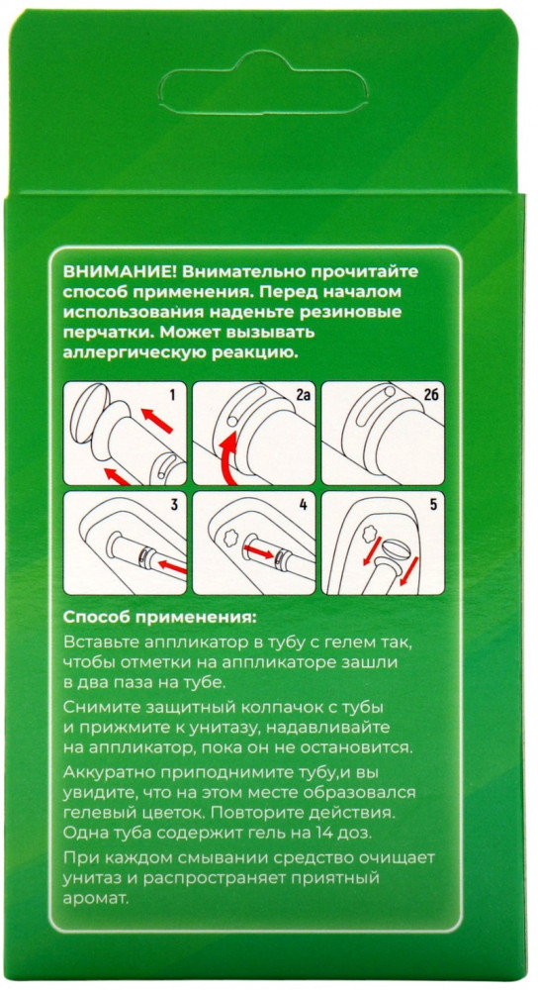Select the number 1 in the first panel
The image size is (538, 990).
[172, 396]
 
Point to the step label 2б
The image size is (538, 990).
[431, 396]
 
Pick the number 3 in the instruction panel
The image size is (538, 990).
[173, 504]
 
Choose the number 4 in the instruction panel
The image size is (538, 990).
[303, 504]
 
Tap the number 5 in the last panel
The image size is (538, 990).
[432, 504]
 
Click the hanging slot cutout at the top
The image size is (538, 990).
[263, 84]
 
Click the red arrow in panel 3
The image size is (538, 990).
[170, 565]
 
